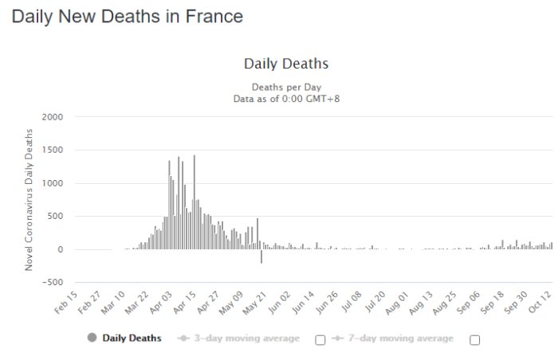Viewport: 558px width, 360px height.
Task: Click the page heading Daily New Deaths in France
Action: [128, 17]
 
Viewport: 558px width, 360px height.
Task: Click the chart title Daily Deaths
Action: [286, 64]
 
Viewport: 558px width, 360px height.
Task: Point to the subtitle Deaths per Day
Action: [286, 87]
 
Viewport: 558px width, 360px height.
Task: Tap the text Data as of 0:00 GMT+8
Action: [286, 99]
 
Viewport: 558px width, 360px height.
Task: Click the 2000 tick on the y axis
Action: [53, 117]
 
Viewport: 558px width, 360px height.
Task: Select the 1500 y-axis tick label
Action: [53, 150]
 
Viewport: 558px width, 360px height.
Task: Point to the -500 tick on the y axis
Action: [53, 283]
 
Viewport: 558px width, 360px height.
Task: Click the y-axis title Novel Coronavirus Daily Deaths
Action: [29, 200]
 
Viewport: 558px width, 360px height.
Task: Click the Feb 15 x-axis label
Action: [66, 303]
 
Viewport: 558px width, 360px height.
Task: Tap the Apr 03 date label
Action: [161, 303]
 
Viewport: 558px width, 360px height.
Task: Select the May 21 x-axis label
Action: [255, 303]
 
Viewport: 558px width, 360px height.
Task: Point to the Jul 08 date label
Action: [352, 302]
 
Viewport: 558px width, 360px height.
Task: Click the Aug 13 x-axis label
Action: [421, 303]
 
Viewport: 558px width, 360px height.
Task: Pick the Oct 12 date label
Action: [540, 303]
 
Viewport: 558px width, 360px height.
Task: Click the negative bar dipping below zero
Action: [261, 256]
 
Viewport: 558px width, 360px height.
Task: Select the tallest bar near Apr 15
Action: [195, 202]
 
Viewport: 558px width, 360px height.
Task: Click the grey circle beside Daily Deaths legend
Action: [92, 337]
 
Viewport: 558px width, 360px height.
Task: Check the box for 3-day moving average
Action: [320, 340]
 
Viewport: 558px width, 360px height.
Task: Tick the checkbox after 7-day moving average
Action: [475, 340]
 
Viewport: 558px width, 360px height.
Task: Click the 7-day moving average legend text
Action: [401, 338]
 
